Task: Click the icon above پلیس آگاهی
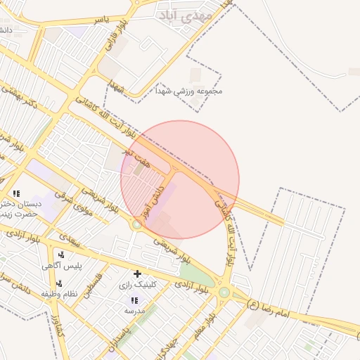click(x=62, y=255)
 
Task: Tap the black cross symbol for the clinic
click(x=137, y=273)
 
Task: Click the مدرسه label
click(x=134, y=310)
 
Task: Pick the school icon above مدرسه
click(x=134, y=300)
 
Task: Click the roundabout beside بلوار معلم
click(x=224, y=292)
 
